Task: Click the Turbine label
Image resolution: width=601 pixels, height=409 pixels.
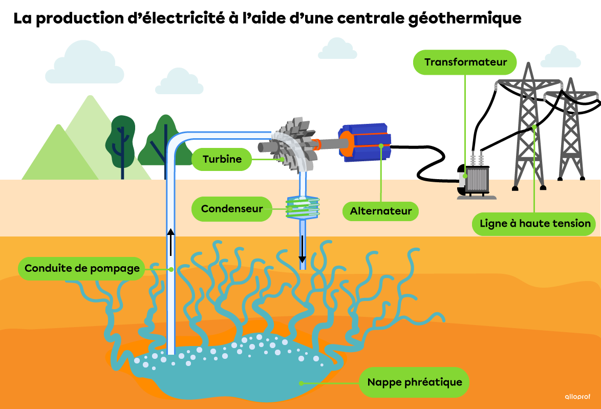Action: pos(222,159)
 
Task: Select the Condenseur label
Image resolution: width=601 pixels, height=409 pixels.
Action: pos(232,209)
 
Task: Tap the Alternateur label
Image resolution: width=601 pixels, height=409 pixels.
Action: pos(380,211)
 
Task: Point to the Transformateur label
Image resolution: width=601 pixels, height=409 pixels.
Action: pos(465,62)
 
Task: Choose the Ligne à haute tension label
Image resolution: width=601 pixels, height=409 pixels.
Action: pos(535,224)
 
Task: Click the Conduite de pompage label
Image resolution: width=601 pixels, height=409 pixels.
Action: pos(82,268)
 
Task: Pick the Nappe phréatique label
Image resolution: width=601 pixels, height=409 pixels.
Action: pos(414,382)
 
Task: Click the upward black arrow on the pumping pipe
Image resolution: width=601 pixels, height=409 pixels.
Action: pos(171,242)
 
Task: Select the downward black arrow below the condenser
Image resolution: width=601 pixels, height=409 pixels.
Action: pos(303,249)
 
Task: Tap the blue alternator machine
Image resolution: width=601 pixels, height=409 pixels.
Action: pos(364,142)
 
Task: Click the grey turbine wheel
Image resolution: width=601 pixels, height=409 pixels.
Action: pos(293,144)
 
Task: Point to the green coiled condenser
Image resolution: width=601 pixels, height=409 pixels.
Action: pos(303,208)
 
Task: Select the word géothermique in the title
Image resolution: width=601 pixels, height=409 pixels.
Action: pos(465,18)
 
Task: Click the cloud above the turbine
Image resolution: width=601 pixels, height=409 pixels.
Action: pos(337,49)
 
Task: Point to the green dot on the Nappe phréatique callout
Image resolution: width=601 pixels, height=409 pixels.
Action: pos(301,383)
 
